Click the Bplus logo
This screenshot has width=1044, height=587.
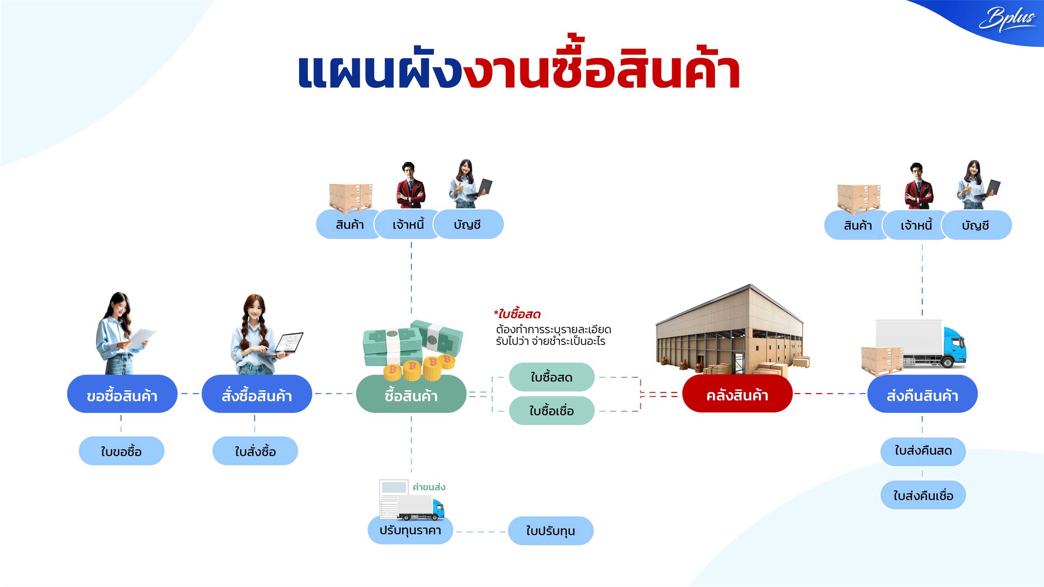click(x=1007, y=19)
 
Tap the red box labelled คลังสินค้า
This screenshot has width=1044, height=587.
click(x=737, y=394)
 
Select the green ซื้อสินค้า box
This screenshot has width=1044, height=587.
click(x=411, y=394)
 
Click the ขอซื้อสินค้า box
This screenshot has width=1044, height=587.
click(x=122, y=394)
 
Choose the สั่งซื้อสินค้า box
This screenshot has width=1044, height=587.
click(x=256, y=394)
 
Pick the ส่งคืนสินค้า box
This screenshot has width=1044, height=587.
click(x=923, y=394)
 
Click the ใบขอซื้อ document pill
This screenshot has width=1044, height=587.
click(x=121, y=451)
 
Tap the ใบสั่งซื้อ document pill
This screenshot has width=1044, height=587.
click(x=255, y=451)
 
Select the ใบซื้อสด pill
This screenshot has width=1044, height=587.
click(x=552, y=377)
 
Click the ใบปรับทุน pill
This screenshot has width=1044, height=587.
click(x=551, y=531)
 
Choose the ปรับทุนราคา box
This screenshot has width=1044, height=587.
click(x=410, y=530)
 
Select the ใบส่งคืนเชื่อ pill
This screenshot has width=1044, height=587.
click(x=923, y=495)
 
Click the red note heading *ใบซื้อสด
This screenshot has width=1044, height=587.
click(x=517, y=314)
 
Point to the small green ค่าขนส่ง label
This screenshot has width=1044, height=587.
click(x=429, y=487)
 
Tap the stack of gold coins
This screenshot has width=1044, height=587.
click(x=419, y=368)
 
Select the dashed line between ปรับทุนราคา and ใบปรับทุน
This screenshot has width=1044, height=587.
click(x=481, y=531)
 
